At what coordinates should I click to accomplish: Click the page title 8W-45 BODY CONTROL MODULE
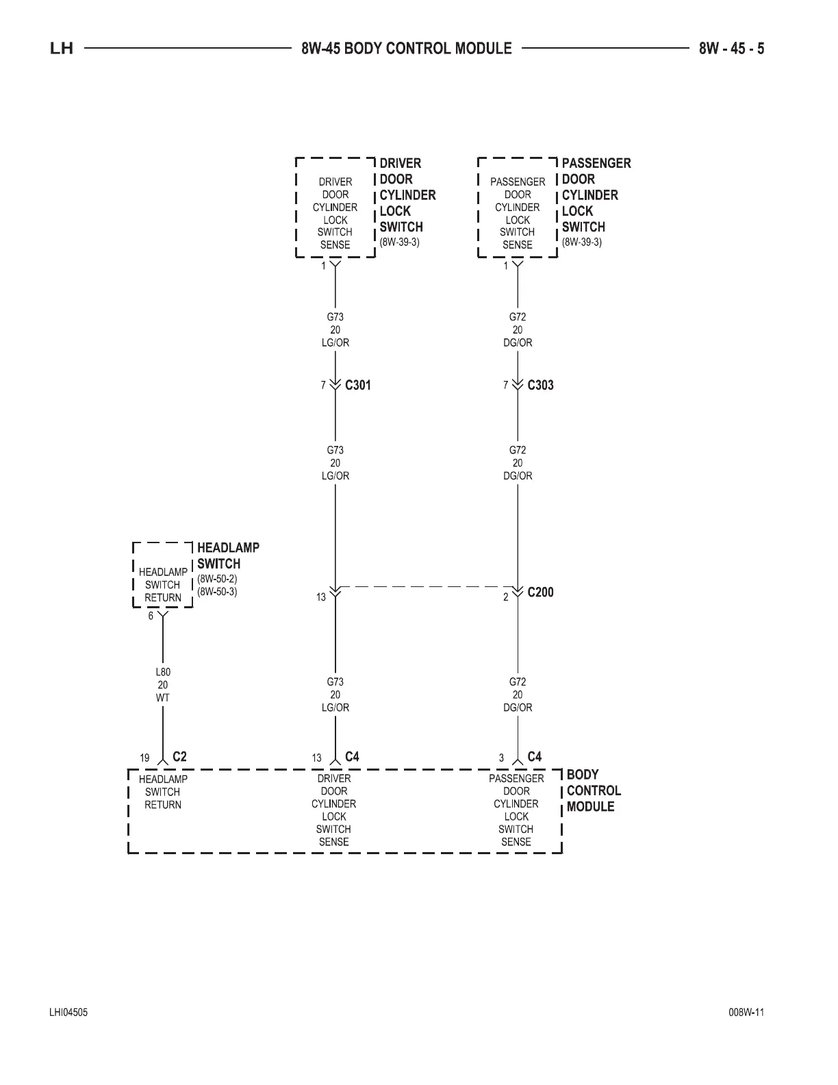(406, 49)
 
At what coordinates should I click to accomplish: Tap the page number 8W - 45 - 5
(731, 49)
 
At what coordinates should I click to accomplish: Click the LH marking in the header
(62, 49)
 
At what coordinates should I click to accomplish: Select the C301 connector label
(358, 385)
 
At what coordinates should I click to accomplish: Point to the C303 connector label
(540, 385)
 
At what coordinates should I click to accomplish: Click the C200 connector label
(540, 593)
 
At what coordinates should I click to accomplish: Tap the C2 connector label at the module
(179, 757)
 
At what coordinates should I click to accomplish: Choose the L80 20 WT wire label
(163, 685)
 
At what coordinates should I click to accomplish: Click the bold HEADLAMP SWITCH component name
(228, 556)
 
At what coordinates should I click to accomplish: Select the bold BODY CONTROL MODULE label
(593, 790)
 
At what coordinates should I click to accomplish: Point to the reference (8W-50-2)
(217, 579)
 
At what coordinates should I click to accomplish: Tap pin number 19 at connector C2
(145, 758)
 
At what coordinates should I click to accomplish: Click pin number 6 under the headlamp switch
(151, 616)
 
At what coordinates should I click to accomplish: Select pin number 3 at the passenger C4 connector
(501, 758)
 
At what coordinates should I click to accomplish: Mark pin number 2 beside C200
(506, 597)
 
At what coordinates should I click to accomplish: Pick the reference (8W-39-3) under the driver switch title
(399, 242)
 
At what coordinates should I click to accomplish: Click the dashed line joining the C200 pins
(426, 587)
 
